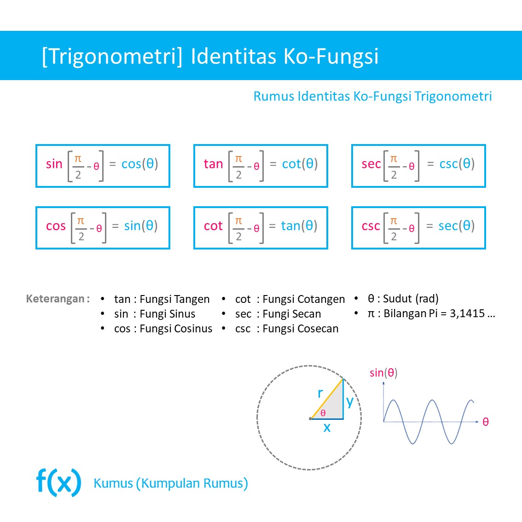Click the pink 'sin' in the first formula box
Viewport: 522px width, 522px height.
click(54, 164)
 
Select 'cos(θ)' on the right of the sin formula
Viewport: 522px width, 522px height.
click(139, 164)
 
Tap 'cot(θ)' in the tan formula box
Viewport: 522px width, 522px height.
click(300, 164)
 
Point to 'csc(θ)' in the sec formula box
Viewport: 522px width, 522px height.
click(457, 164)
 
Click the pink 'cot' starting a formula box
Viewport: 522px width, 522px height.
click(213, 226)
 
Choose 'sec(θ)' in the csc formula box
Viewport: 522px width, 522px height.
click(456, 226)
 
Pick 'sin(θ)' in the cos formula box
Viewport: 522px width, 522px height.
click(141, 226)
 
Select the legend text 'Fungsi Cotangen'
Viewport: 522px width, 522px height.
click(303, 299)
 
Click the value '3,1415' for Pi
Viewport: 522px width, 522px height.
click(467, 313)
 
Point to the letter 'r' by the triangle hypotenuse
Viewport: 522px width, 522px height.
click(320, 393)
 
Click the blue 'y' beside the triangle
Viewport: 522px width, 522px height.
click(350, 401)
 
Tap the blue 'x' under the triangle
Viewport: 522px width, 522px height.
click(327, 427)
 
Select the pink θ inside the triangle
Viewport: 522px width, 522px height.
click(323, 413)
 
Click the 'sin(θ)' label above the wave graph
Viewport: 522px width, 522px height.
click(383, 373)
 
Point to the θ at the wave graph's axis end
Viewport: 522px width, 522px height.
click(485, 422)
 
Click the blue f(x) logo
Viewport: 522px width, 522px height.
click(59, 482)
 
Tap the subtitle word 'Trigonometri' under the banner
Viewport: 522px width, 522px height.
click(453, 96)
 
